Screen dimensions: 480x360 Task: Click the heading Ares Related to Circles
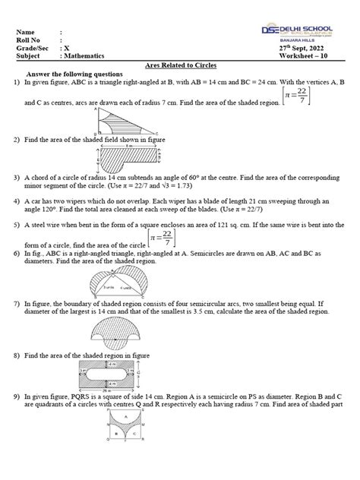[180, 67]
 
